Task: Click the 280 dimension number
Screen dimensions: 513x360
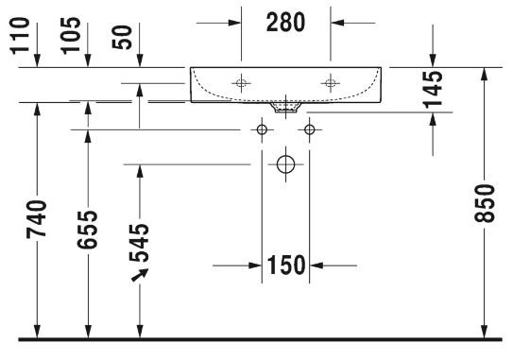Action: (285, 23)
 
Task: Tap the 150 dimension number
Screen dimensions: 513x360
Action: (286, 265)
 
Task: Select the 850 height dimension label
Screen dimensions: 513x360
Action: (485, 203)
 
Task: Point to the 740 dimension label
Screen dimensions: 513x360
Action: (36, 219)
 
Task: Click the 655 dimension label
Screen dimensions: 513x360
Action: (87, 230)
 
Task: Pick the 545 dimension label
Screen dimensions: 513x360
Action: (139, 243)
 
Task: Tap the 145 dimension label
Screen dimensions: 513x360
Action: (433, 89)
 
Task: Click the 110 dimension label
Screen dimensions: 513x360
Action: (20, 36)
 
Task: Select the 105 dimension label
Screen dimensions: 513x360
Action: (71, 36)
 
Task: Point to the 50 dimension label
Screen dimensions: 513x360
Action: (122, 37)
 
